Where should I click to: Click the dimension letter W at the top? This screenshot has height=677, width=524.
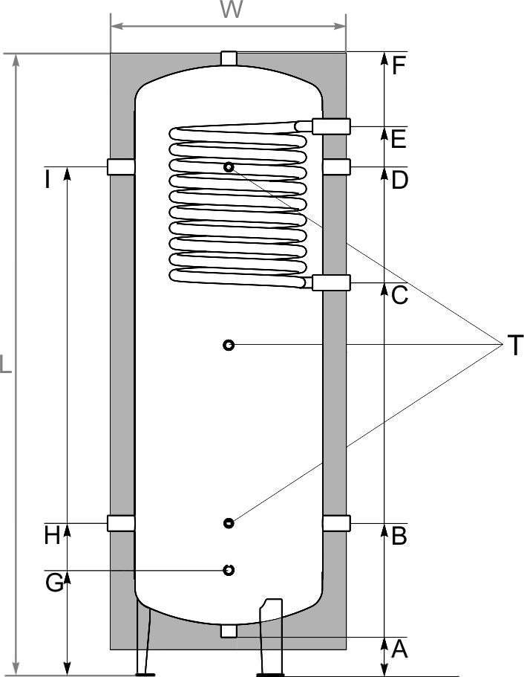(x=232, y=9)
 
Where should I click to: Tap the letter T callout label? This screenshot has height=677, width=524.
(x=515, y=345)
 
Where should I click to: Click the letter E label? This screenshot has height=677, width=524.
(x=399, y=139)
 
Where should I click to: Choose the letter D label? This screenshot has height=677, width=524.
(x=399, y=180)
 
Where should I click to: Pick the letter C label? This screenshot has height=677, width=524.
(x=400, y=295)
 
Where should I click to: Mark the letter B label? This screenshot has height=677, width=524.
(x=399, y=536)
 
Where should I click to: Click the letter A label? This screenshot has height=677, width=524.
(x=400, y=649)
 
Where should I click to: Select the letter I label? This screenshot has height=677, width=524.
(x=48, y=180)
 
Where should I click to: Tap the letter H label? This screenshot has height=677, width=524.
(x=52, y=536)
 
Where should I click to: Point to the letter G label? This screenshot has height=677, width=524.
(x=54, y=583)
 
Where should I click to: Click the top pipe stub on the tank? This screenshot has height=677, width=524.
(x=229, y=59)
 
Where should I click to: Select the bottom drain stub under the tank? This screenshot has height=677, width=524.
(x=229, y=631)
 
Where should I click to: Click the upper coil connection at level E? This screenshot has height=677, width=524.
(x=331, y=126)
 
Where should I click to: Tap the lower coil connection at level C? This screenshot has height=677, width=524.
(x=331, y=282)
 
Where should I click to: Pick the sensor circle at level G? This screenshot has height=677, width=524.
(x=229, y=570)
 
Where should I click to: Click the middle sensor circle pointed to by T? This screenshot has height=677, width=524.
(x=229, y=345)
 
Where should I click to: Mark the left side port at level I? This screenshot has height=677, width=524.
(x=121, y=166)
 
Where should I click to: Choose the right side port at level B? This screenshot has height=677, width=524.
(x=336, y=523)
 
